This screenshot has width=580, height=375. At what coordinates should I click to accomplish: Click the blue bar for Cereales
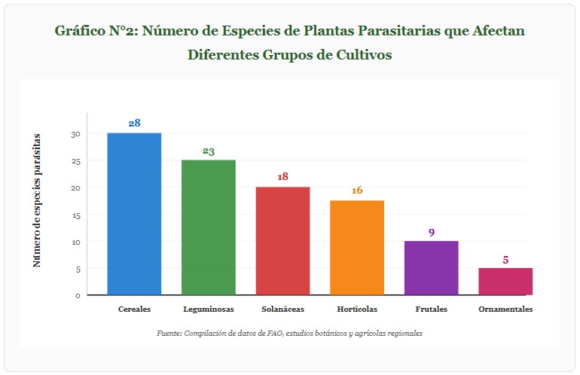pyautogui.click(x=134, y=214)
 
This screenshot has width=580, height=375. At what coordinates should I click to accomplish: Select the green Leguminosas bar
pyautogui.click(x=209, y=227)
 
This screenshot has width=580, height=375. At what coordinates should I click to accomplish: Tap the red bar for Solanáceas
pyautogui.click(x=282, y=241)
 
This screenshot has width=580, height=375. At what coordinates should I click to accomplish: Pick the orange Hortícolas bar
pyautogui.click(x=357, y=248)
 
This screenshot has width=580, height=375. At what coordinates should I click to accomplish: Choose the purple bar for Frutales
pyautogui.click(x=431, y=268)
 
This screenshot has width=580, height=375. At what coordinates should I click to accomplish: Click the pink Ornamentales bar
pyautogui.click(x=505, y=281)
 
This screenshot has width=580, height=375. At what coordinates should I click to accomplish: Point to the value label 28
pyautogui.click(x=134, y=123)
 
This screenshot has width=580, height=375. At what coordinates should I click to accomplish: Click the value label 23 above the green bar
pyautogui.click(x=209, y=151)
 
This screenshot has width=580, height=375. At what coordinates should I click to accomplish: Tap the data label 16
pyautogui.click(x=357, y=191)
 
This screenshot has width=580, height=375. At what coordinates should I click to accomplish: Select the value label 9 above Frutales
pyautogui.click(x=431, y=232)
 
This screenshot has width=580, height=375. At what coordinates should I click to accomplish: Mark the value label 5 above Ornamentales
pyautogui.click(x=505, y=260)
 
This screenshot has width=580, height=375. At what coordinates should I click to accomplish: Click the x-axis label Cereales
pyautogui.click(x=134, y=309)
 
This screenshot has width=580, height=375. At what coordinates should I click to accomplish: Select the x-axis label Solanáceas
pyautogui.click(x=282, y=309)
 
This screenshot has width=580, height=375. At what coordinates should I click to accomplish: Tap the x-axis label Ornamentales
pyautogui.click(x=505, y=309)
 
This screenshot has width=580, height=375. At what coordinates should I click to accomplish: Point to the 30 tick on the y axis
pyautogui.click(x=75, y=134)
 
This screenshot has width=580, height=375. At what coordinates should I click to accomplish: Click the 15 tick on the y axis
pyautogui.click(x=75, y=215)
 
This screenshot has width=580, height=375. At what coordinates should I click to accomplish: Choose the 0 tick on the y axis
pyautogui.click(x=78, y=295)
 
